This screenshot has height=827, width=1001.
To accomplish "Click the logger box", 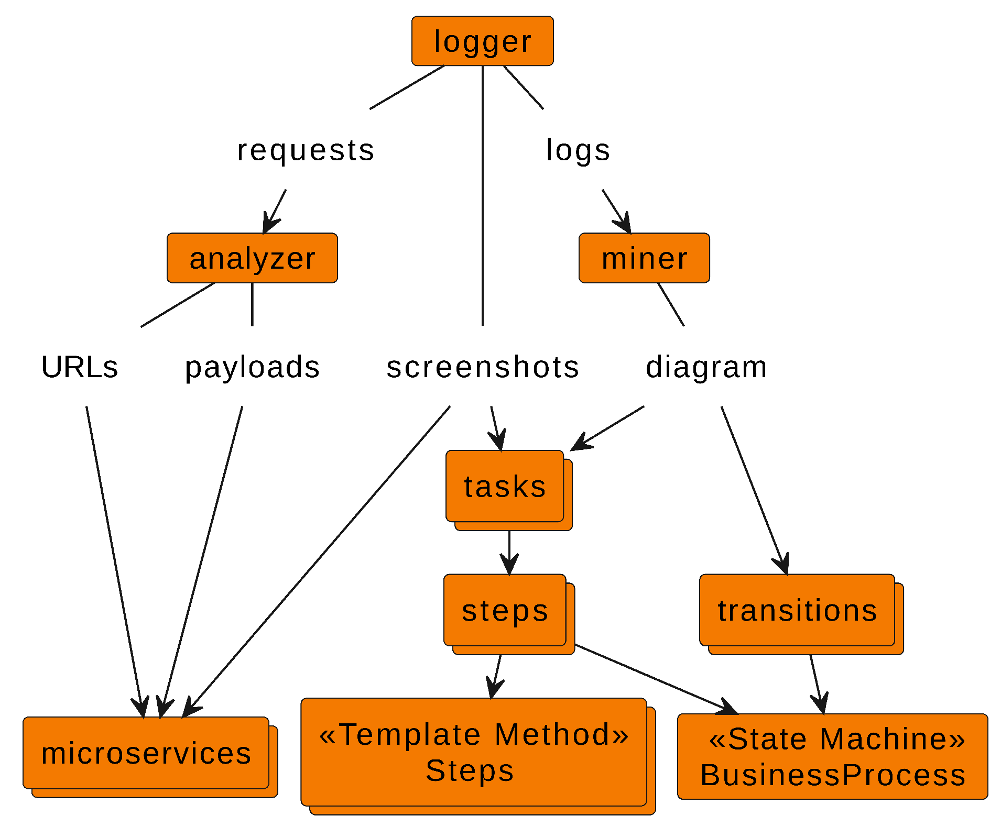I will click(482, 41).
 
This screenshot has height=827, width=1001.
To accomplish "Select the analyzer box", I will click(252, 258).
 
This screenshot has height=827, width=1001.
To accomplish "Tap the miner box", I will click(644, 258).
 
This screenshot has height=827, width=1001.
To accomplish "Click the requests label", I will click(306, 150).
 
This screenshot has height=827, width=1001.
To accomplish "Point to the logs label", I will click(578, 150).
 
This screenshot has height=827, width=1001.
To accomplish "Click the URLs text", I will click(80, 367).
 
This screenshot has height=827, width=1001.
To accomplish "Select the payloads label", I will click(252, 367).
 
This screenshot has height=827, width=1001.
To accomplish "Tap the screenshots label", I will click(482, 367).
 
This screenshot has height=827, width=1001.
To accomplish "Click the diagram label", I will click(706, 367).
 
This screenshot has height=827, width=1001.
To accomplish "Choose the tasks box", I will click(505, 486).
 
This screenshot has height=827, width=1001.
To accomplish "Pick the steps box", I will click(505, 610).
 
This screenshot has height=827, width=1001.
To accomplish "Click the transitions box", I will click(797, 610).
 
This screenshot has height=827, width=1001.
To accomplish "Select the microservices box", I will click(146, 753).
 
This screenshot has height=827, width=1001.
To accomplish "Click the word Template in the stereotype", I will click(409, 734).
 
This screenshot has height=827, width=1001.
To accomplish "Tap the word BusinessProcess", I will click(832, 775).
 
